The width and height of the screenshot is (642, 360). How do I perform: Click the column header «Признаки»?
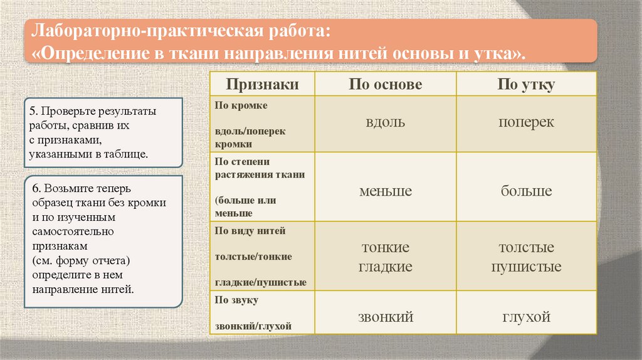point(262,85)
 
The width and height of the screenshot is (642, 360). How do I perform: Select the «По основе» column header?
point(386,85)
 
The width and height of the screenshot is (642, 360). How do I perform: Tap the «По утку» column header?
point(526,85)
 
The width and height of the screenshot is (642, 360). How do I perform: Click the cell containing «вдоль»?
point(386,122)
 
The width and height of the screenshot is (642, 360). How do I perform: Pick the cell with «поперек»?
point(526,122)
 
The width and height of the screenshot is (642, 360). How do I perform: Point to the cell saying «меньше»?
point(386,191)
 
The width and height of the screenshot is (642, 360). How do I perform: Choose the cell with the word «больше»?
point(526,191)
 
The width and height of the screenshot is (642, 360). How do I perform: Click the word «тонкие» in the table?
point(386,248)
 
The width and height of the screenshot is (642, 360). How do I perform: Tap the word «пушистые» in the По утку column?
point(526,267)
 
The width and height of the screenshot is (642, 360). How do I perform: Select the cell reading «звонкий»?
point(386,317)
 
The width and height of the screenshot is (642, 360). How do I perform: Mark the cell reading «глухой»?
point(526,317)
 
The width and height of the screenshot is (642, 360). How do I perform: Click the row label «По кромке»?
point(241,105)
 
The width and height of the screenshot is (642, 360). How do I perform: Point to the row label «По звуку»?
point(237,300)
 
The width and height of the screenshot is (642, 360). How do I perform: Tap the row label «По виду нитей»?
point(250,231)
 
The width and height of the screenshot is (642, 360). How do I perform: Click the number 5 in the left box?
point(32,111)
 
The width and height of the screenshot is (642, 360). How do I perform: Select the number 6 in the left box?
point(32,188)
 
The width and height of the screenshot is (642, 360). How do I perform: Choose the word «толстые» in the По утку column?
point(526,248)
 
